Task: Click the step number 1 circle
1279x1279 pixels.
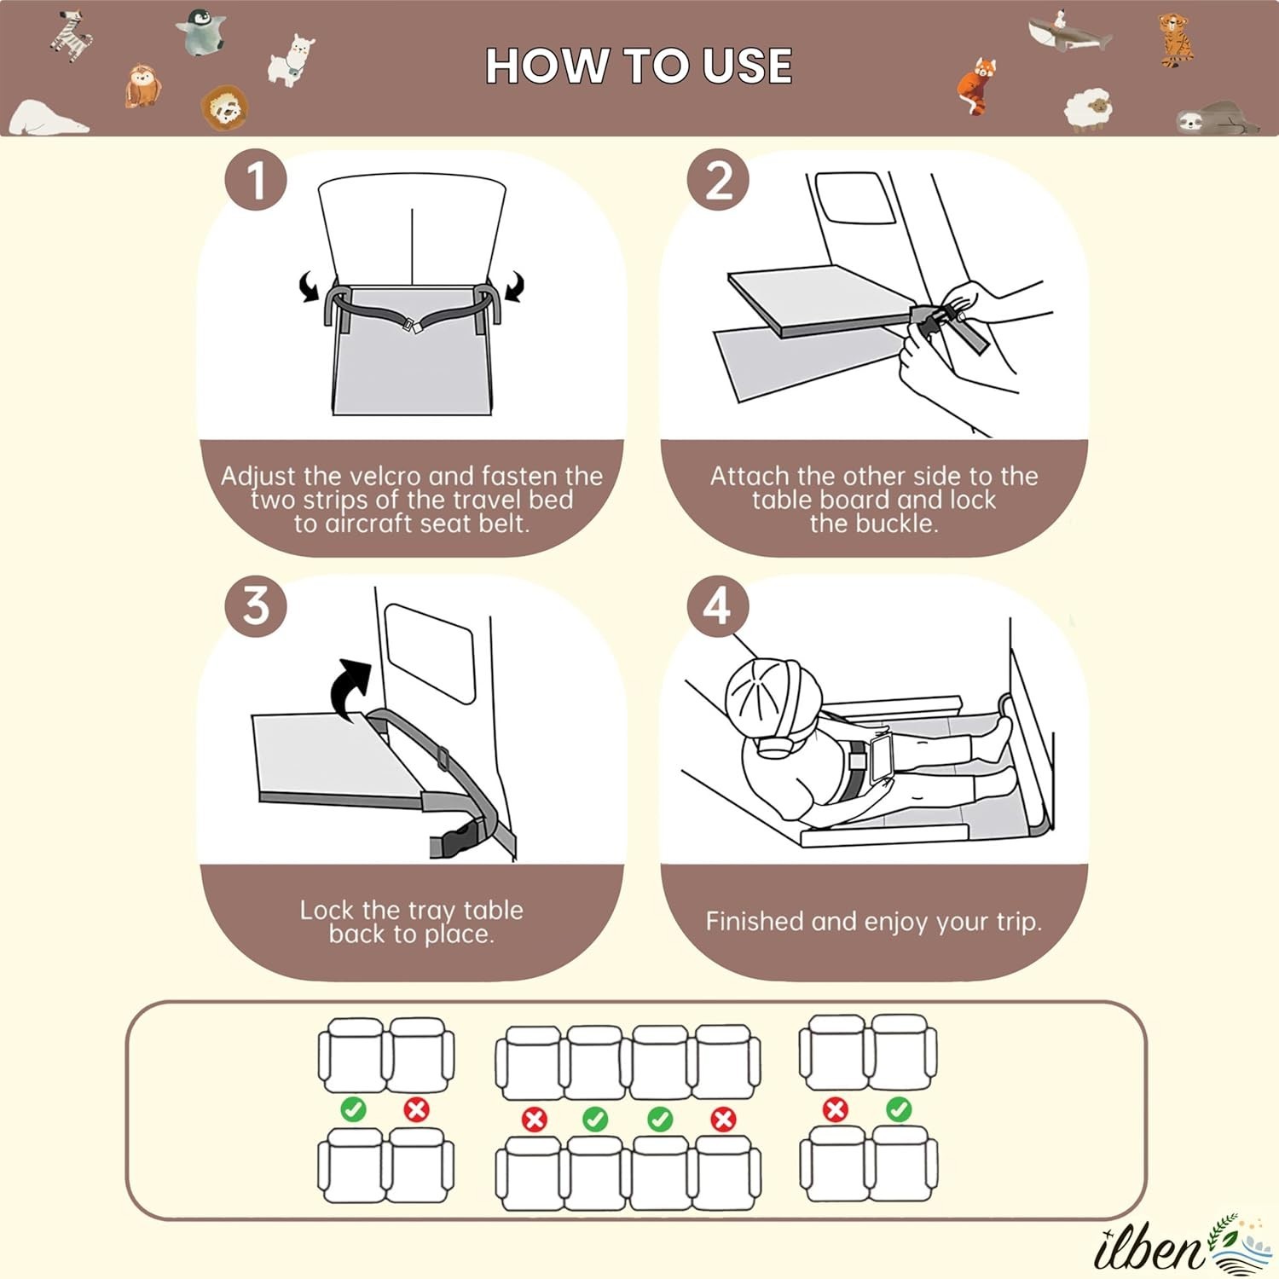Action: (256, 180)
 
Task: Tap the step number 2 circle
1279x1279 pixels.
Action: (719, 180)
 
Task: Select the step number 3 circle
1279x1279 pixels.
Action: (256, 605)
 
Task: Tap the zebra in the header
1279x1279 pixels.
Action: (70, 36)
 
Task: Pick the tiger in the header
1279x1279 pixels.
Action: (1176, 39)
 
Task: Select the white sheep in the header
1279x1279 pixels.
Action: (1089, 109)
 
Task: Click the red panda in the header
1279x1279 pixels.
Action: (977, 85)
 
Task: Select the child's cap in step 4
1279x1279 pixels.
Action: (772, 697)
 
